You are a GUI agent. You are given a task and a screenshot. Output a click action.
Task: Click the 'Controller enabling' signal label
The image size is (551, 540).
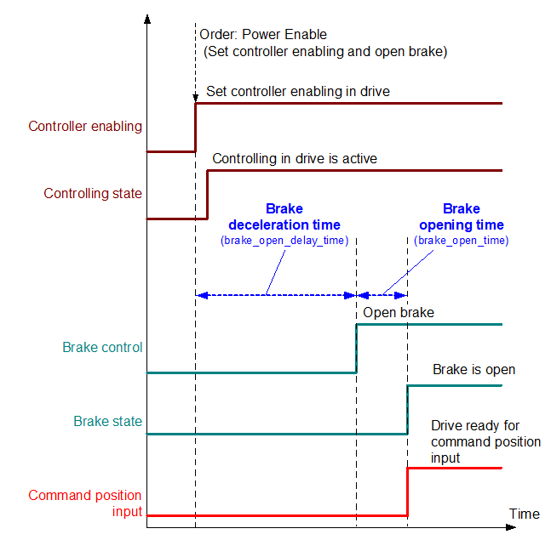tap(85, 127)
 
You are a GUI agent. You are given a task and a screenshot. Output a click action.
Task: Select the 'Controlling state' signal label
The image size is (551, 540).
tap(93, 194)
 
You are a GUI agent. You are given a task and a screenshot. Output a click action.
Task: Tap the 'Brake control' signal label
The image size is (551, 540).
tap(102, 348)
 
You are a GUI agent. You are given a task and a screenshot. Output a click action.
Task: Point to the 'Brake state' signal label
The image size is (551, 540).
tap(107, 421)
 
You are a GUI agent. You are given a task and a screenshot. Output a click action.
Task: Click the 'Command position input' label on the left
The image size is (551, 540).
tap(85, 503)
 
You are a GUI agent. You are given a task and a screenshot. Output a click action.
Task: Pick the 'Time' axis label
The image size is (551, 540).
tap(525, 514)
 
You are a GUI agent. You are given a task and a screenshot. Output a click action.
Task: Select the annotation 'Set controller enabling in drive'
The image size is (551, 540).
tap(298, 91)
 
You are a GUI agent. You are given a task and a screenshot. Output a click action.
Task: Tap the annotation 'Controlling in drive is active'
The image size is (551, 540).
tap(295, 158)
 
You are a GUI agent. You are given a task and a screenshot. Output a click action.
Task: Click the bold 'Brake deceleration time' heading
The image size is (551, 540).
tap(284, 217)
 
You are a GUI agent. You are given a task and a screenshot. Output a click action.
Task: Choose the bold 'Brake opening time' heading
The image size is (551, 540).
tap(461, 217)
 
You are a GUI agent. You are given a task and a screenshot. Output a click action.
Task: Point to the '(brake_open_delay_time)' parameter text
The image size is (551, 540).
tap(284, 241)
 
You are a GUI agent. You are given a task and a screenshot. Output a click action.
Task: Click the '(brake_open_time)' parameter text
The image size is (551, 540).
tap(461, 241)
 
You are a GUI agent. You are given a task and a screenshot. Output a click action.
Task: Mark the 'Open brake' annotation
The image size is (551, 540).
tap(399, 313)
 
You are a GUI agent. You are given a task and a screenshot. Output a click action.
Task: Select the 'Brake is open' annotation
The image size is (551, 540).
tap(474, 370)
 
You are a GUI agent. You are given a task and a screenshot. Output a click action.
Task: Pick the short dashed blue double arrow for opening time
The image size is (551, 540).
tap(382, 295)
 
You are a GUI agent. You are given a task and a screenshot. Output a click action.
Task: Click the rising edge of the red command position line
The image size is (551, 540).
tap(408, 492)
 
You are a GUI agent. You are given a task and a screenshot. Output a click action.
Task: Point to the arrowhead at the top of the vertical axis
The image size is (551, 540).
tap(147, 18)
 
